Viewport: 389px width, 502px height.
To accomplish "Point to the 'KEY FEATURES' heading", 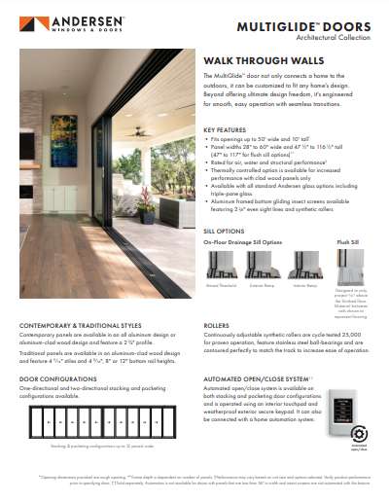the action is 224,128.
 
